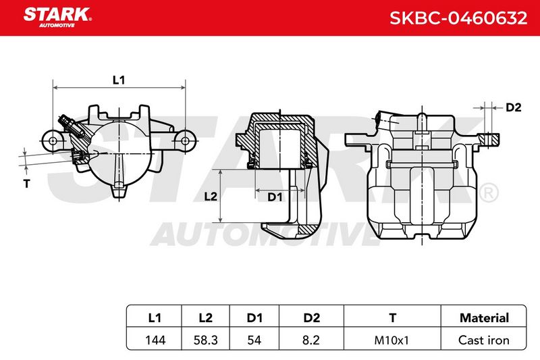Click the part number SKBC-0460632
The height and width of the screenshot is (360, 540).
coord(458,18)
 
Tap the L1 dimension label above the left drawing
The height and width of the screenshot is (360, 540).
coord(119,80)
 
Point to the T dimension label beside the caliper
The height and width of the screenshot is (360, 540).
coord(27,184)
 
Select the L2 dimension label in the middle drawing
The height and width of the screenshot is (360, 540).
coord(211,197)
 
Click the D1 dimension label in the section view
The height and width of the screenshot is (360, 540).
coord(275,197)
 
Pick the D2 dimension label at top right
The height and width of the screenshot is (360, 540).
coord(514,107)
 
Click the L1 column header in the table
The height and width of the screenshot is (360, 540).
coord(155,317)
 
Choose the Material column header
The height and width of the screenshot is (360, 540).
coord(484,317)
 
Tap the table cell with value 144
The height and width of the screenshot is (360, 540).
coord(155,340)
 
